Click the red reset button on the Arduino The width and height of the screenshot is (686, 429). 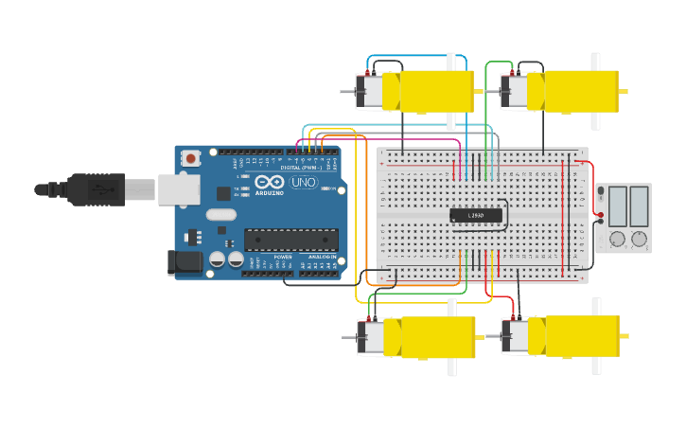click(192, 158)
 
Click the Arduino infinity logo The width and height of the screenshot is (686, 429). click(269, 183)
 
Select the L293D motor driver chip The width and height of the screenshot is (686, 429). click(476, 216)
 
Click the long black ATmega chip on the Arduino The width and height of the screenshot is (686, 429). click(290, 241)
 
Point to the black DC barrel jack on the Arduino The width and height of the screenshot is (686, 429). click(185, 263)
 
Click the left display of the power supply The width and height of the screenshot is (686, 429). click(617, 206)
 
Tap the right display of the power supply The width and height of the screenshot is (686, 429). click(639, 206)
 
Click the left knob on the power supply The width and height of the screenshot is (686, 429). click(617, 240)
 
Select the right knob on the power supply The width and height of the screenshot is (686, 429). click(639, 240)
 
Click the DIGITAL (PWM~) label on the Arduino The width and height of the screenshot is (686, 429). click(296, 168)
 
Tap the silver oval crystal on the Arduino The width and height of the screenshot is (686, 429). click(220, 214)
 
